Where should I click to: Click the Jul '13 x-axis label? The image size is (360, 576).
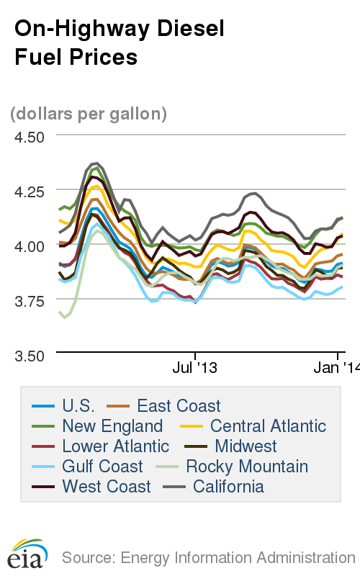(x=195, y=368)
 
